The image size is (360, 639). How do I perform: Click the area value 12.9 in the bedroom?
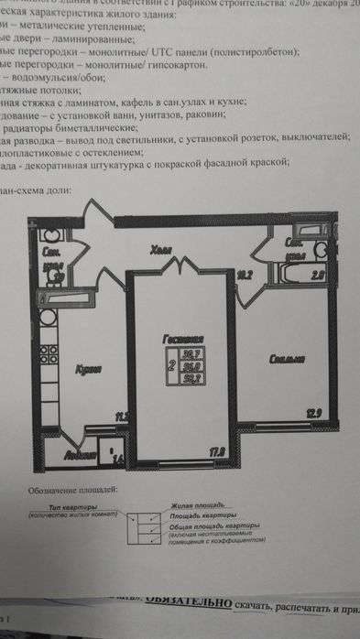pyautogui.click(x=313, y=414)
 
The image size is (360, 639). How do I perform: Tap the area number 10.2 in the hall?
pyautogui.click(x=245, y=273)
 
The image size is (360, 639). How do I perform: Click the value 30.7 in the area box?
pyautogui.click(x=191, y=352)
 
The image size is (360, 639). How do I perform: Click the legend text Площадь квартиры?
pyautogui.click(x=202, y=515)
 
